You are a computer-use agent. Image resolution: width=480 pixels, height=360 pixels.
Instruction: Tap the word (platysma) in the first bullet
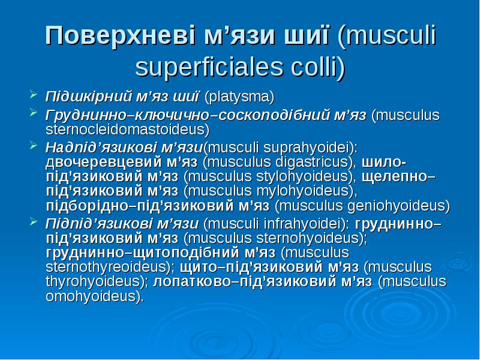(239, 96)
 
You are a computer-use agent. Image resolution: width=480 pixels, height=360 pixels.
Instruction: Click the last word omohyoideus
(94, 296)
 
